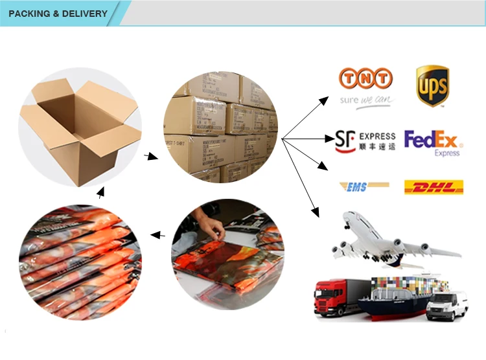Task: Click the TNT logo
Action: [366, 79]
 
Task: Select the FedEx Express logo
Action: [432, 142]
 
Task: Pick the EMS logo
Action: [364, 186]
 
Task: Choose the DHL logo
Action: [434, 187]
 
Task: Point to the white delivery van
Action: [447, 304]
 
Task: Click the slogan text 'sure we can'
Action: [366, 100]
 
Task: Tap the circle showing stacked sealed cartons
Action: [221, 126]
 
